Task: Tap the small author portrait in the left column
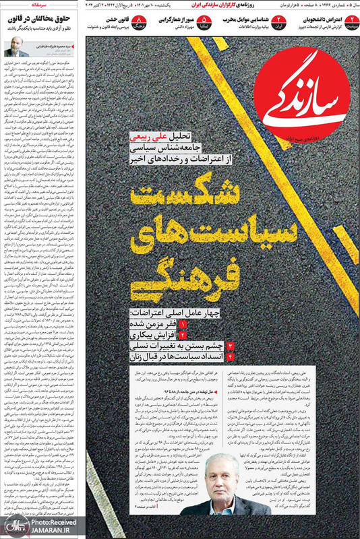[15, 51]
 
